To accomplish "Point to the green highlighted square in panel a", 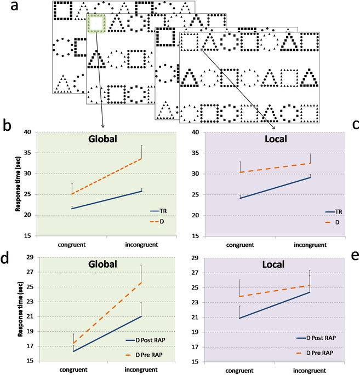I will click(96, 25).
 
